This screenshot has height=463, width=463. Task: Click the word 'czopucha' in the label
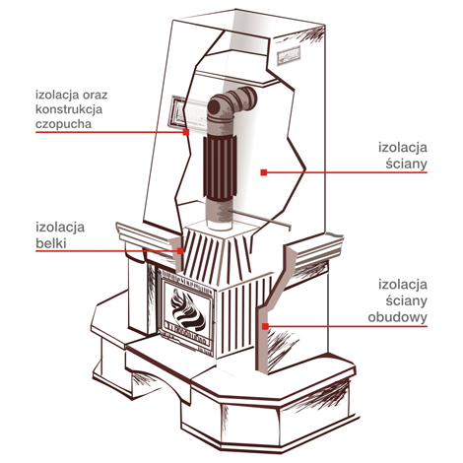pos(63,124)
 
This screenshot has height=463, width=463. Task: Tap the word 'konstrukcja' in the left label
pos(69,108)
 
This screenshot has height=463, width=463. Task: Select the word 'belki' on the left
pos(51,243)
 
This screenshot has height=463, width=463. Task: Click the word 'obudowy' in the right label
pos(397,317)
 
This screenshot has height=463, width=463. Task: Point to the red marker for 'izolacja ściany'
pos(264,172)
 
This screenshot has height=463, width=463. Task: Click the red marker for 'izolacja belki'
pos(180,251)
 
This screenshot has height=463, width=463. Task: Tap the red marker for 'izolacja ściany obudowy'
pos(265,326)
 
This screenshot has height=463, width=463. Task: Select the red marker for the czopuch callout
pos(186,132)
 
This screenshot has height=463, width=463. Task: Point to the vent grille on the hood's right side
pos(289,56)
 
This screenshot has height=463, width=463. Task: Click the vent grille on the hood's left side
pos(179,112)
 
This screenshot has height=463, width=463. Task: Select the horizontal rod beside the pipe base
pos(261,218)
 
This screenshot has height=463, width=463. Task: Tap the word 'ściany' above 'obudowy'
pos(407,300)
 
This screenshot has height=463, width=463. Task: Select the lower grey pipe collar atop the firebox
pos(220,214)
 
